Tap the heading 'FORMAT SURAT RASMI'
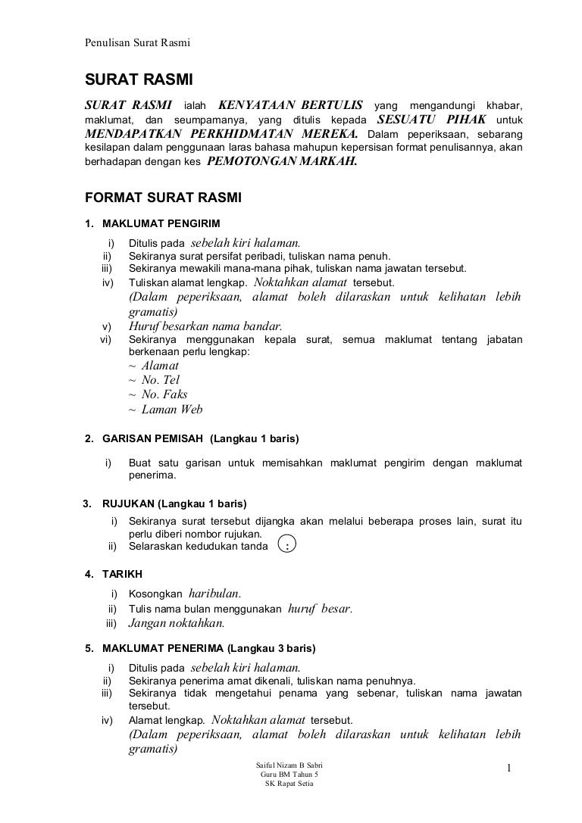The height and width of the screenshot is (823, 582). (x=162, y=198)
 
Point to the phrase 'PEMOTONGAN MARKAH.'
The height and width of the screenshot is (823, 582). (x=281, y=161)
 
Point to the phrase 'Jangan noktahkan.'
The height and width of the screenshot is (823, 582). (x=177, y=624)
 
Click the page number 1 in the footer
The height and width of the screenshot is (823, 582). (x=510, y=769)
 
